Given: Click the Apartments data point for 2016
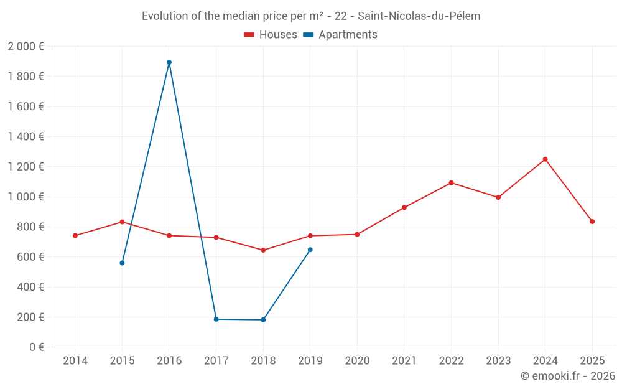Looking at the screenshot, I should click(x=169, y=62).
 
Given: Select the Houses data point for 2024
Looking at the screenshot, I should click(x=545, y=159).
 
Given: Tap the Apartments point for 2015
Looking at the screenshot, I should click(x=122, y=263).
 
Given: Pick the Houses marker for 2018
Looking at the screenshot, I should click(x=263, y=250).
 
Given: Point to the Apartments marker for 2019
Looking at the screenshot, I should click(x=310, y=250).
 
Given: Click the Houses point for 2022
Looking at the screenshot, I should click(x=451, y=183).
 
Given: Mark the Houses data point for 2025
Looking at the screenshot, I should click(x=592, y=222).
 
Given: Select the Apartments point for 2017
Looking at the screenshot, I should click(x=216, y=319).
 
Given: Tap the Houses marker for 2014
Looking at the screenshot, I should click(x=75, y=235).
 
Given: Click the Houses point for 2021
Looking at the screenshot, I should click(x=404, y=207).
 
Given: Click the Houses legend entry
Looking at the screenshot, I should click(x=271, y=35).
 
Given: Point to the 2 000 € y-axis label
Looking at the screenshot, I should click(x=26, y=46).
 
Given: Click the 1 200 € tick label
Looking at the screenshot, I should click(x=26, y=167).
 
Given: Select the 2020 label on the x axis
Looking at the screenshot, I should click(x=357, y=361).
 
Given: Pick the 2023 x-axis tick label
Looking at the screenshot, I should click(x=498, y=361).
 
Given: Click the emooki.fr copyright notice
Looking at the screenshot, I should click(x=568, y=376).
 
